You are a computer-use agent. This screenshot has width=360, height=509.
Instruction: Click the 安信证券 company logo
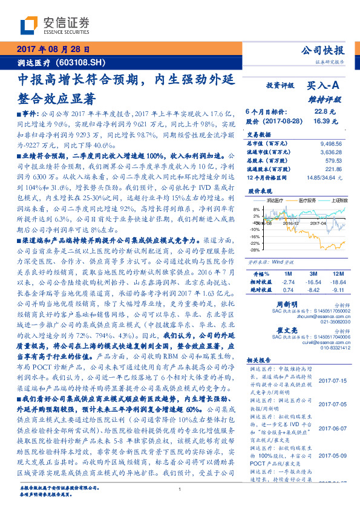[55, 25]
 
